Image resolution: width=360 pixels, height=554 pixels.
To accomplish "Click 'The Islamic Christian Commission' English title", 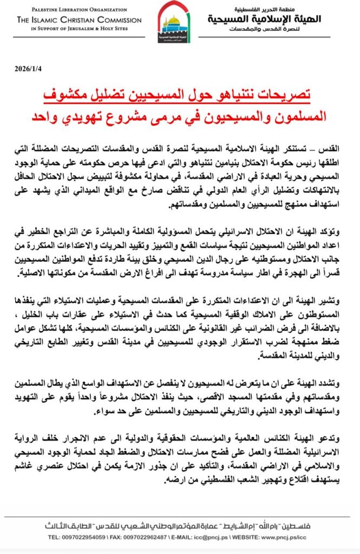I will (x=79, y=20).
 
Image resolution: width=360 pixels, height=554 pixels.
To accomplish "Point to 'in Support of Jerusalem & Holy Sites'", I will (x=79, y=29).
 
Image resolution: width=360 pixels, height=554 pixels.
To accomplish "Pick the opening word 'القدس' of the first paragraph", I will (x=331, y=148).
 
